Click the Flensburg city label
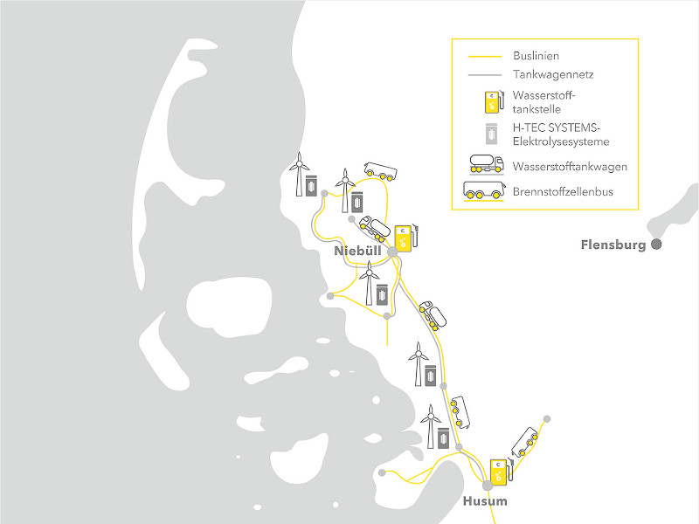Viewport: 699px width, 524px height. (x=612, y=245)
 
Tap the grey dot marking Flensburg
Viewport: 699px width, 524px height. (x=656, y=245)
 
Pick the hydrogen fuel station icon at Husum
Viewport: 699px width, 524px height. (x=501, y=471)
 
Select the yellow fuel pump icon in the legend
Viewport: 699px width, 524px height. (x=494, y=102)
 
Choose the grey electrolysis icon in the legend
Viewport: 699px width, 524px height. (x=494, y=134)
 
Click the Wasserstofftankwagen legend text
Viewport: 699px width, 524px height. (x=564, y=165)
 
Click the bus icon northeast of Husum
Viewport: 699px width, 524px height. (x=524, y=441)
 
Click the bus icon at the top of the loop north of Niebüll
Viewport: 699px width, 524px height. (x=378, y=171)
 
